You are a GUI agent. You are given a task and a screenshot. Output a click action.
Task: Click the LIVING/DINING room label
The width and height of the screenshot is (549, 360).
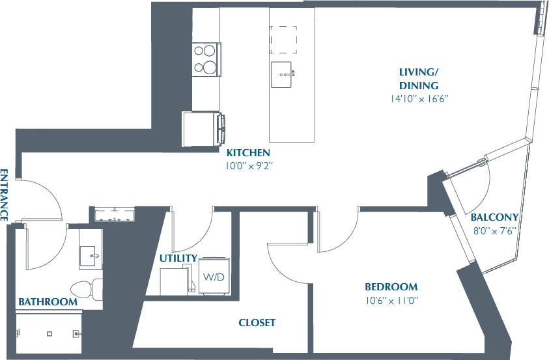[x=419, y=78]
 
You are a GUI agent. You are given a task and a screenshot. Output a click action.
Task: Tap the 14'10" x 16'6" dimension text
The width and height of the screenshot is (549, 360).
[x=419, y=100]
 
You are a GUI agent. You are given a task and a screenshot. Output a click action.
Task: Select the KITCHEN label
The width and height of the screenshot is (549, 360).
[x=248, y=152]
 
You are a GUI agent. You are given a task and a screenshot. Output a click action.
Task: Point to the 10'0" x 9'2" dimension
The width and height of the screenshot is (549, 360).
[x=248, y=166]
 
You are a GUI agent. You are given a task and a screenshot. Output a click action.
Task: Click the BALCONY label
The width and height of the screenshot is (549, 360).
[x=495, y=217]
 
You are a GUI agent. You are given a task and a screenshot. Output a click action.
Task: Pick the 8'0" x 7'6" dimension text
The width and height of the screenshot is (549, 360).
[x=495, y=230]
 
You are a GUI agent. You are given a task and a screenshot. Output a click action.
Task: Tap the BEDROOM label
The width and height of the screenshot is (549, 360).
[x=391, y=286]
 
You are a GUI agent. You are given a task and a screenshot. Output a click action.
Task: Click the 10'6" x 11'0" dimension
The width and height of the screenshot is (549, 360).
[x=391, y=300]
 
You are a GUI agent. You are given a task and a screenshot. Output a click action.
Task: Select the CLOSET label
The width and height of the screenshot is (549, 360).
[x=257, y=322]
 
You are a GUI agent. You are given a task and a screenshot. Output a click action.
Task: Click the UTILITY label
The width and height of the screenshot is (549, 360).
[x=178, y=258]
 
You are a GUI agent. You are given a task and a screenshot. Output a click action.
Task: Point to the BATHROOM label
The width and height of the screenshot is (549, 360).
[x=48, y=302]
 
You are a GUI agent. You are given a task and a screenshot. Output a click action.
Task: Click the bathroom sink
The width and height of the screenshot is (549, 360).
[x=91, y=256]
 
